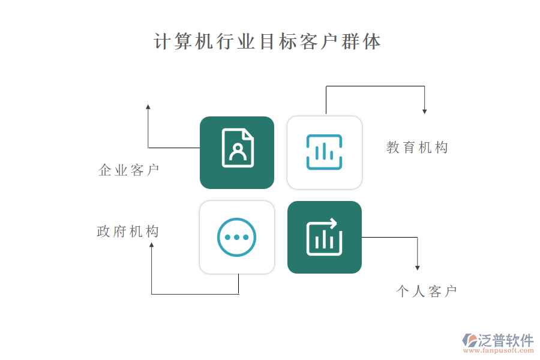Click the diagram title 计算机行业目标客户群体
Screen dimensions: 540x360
coord(267,41)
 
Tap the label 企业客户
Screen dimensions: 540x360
coord(129,170)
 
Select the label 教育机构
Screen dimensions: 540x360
coord(417,148)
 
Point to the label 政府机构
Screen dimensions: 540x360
coord(128,232)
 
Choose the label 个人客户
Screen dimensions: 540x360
coord(427,292)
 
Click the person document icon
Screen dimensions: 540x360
coord(238,148)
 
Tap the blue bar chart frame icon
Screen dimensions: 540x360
coord(324,152)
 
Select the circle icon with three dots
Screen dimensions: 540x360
coord(236,237)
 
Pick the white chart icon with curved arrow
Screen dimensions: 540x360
coord(324,237)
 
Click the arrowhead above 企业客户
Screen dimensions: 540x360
coord(148,107)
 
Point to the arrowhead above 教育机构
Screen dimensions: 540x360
coord(425,111)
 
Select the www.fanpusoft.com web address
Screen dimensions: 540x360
coord(499,350)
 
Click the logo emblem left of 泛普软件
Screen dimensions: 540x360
coord(470,340)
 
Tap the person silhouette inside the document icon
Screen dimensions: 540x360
coord(238,152)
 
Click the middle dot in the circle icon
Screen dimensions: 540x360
coord(236,238)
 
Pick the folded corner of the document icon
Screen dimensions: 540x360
coord(248,134)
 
